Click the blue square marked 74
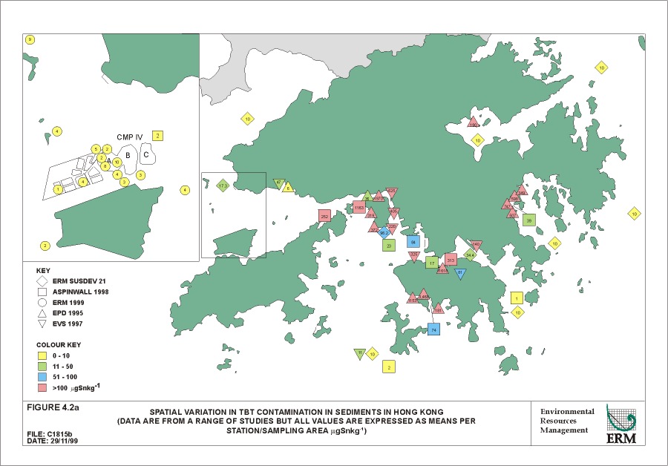click(x=434, y=329)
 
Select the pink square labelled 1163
click(x=359, y=208)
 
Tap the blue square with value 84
click(x=413, y=242)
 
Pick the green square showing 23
click(x=388, y=245)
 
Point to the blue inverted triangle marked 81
click(x=460, y=274)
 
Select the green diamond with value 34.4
click(x=470, y=255)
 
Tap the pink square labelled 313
click(x=451, y=260)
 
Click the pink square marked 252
click(x=324, y=216)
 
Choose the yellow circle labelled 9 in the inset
click(x=30, y=39)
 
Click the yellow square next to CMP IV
click(x=157, y=135)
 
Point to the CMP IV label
click(x=131, y=137)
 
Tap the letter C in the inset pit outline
click(x=147, y=155)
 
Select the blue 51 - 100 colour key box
click(x=43, y=377)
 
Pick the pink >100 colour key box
click(x=43, y=388)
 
